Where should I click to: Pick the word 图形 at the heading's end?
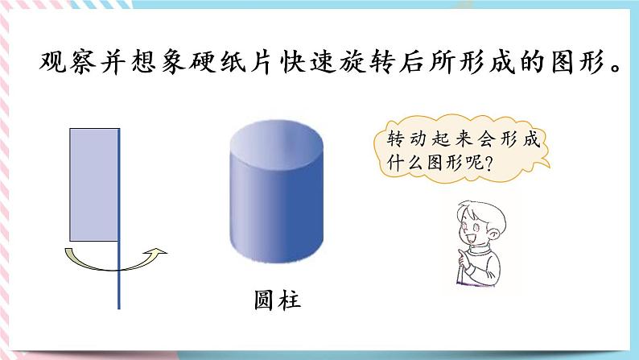(579, 63)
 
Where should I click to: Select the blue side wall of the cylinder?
(277, 209)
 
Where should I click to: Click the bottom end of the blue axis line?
(119, 307)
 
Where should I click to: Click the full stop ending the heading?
(620, 69)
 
